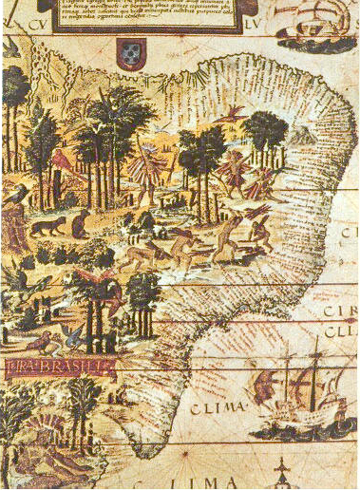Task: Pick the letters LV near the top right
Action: point(248,15)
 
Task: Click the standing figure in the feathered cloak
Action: point(146,172)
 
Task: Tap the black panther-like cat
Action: point(44,227)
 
